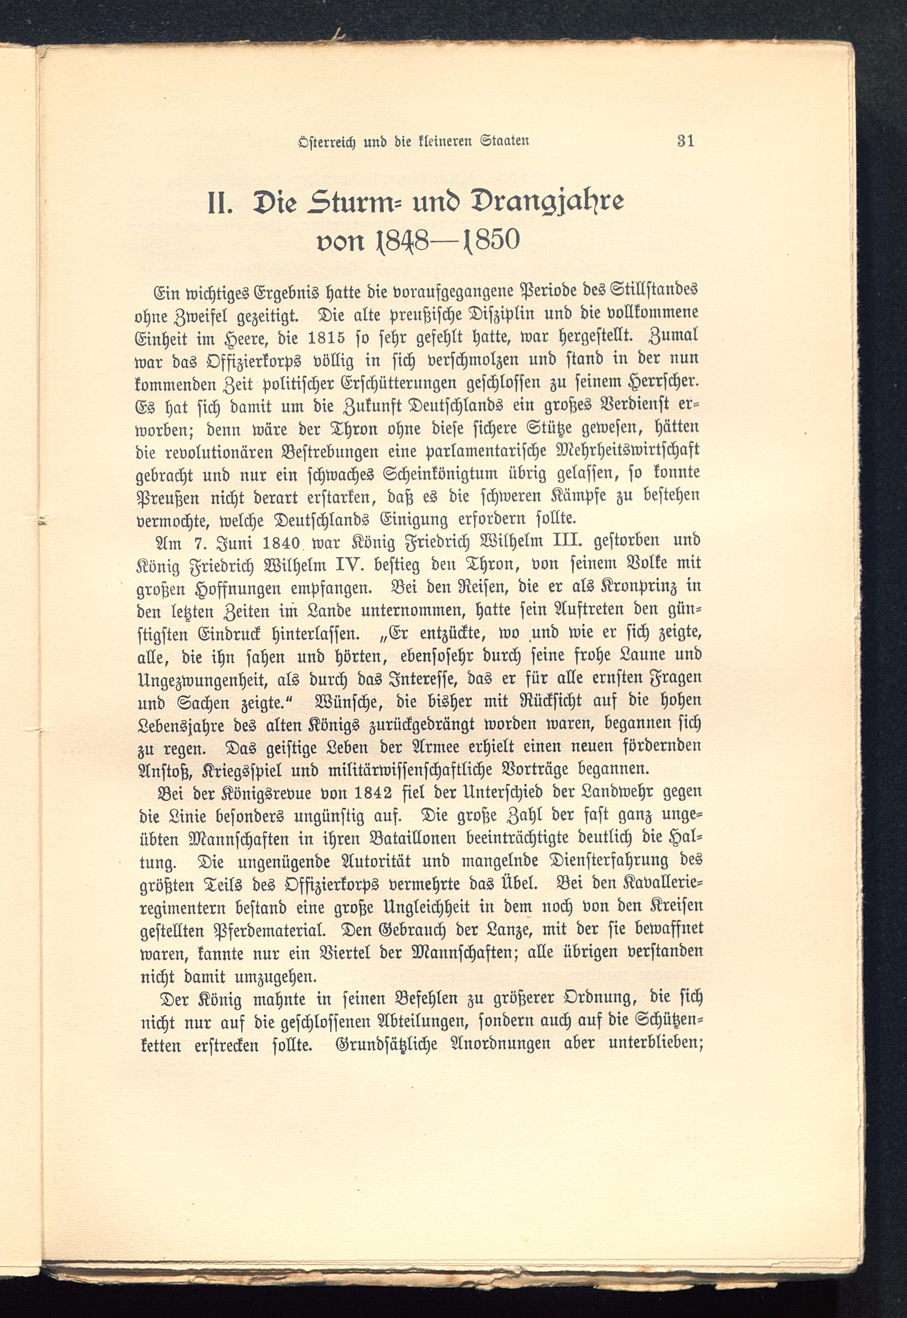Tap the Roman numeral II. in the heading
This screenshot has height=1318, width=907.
point(219,204)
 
